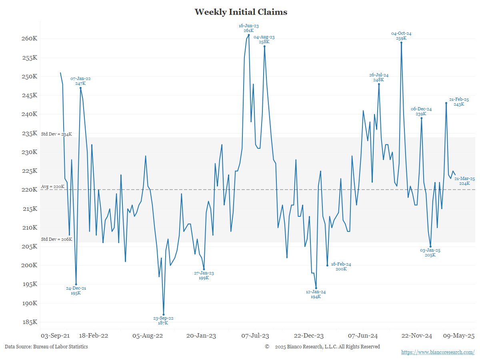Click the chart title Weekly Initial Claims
tap(241, 12)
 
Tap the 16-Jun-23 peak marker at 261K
tap(249, 35)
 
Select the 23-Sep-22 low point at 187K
tap(163, 315)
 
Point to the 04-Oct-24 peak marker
tap(401, 42)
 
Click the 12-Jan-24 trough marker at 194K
tap(316, 288)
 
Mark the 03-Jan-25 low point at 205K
tap(430, 246)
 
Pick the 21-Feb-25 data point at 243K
tap(446, 103)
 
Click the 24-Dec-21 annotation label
tap(76, 290)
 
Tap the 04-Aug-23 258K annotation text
tap(264, 39)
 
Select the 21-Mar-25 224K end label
tap(464, 181)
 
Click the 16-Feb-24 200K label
tap(341, 266)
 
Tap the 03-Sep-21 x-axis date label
tap(56, 336)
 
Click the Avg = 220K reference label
tap(52, 187)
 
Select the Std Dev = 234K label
tap(56, 134)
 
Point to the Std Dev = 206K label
tap(56, 239)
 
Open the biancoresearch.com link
tap(438, 352)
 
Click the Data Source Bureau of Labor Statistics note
tap(46, 347)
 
